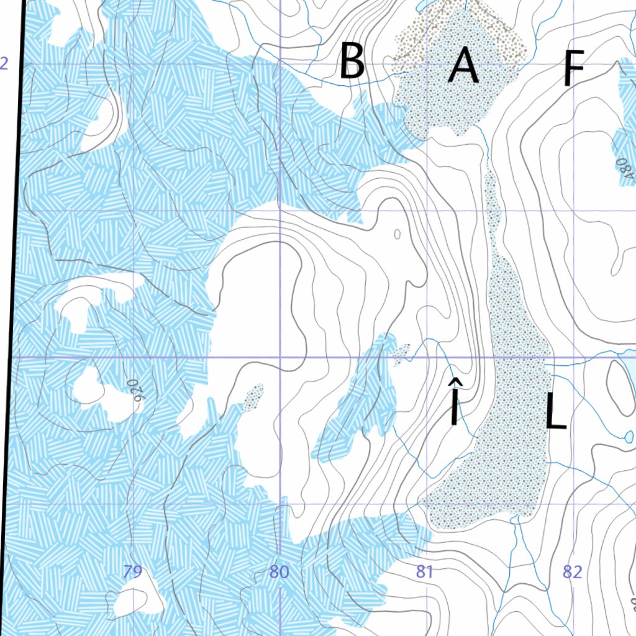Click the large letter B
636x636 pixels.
pos(352,61)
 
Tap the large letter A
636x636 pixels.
pos(463,66)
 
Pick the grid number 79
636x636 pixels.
pos(132,571)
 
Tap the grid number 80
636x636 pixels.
pos(279,571)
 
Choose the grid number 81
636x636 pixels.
pos(424,571)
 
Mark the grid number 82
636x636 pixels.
pos(572,571)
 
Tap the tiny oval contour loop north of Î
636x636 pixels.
pos(397,234)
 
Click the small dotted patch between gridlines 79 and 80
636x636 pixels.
pos(253,397)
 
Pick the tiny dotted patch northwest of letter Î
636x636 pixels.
pos(401,352)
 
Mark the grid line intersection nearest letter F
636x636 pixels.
pos(575,64)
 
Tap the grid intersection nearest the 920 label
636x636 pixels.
pos(134,358)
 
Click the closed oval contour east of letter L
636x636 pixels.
pos(619,379)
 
